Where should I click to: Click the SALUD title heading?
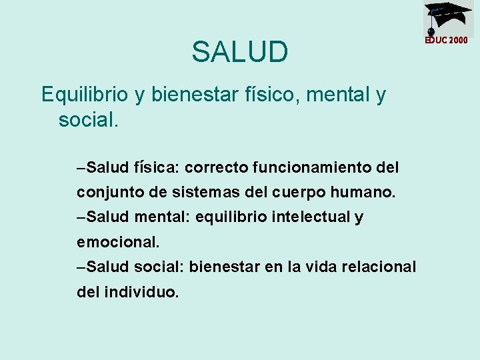tap(240, 52)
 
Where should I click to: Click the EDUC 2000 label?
tap(447, 40)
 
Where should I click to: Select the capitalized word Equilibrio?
tap(85, 95)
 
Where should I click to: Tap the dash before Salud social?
tap(81, 267)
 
